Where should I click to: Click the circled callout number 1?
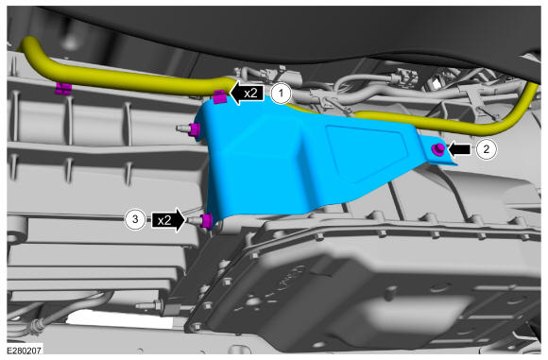[282, 94]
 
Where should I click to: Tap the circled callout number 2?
[487, 149]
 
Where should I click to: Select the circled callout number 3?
[135, 219]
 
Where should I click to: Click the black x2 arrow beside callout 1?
[248, 94]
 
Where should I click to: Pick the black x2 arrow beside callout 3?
[168, 220]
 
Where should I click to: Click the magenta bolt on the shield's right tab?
[437, 149]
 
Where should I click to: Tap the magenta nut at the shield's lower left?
[206, 221]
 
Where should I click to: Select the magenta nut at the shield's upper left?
[194, 130]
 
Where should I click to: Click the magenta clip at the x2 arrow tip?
[220, 96]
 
